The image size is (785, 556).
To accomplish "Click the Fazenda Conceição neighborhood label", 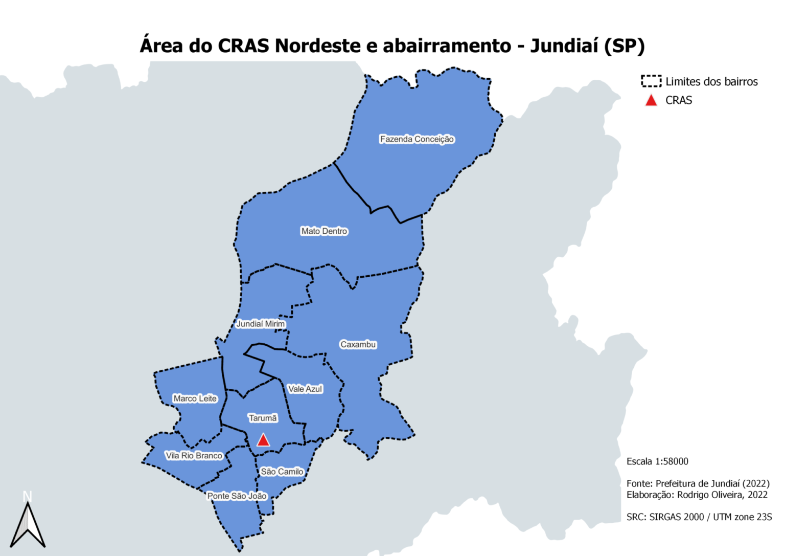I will click(417, 139).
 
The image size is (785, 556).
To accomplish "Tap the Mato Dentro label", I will click(324, 231).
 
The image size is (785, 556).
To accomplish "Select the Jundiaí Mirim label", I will click(260, 324).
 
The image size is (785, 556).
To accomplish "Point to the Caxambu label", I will click(358, 345).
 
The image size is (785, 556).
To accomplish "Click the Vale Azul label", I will click(305, 389).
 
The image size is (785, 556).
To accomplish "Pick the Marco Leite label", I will click(195, 398).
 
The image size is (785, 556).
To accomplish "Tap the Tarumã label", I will click(263, 418).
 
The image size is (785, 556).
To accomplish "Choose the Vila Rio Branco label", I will click(194, 456).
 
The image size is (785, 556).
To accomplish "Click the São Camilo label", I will click(282, 472).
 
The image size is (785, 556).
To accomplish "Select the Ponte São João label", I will click(237, 496).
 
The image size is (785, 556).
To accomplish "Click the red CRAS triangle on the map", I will click(263, 440).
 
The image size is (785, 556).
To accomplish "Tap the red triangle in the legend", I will click(651, 101).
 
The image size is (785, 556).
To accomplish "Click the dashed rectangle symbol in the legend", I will click(651, 81).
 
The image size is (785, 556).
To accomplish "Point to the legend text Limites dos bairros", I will click(711, 82).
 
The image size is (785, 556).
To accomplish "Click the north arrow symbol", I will click(28, 524).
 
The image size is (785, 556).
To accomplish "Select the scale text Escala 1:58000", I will click(657, 461).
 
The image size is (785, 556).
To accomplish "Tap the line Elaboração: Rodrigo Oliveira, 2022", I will click(697, 495).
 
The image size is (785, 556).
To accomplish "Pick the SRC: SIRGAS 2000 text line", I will click(699, 517).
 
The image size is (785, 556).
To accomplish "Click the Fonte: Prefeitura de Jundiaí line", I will click(698, 483).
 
